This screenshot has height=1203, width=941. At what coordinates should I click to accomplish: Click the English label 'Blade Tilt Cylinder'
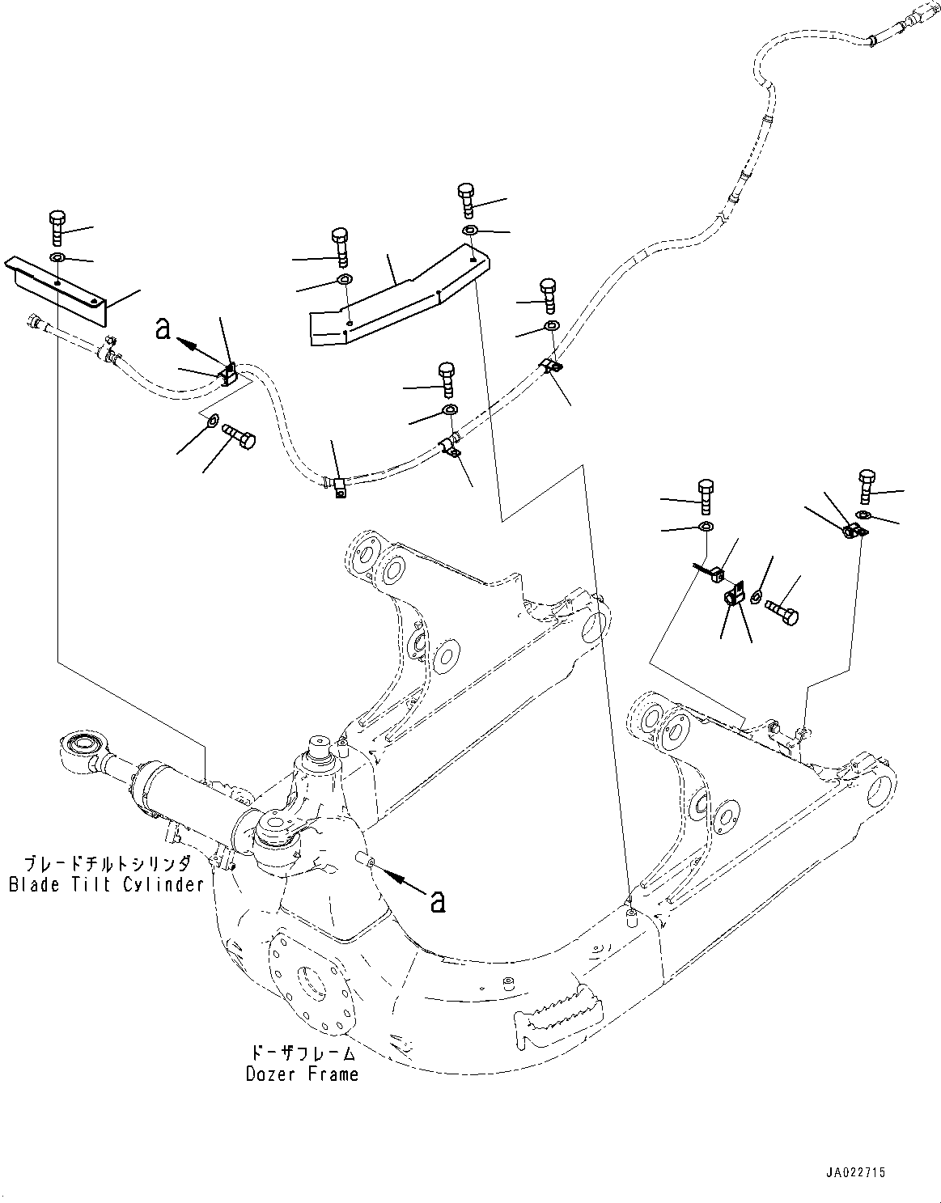pyautogui.click(x=106, y=884)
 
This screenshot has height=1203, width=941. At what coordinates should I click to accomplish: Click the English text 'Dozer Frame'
pyautogui.click(x=302, y=1074)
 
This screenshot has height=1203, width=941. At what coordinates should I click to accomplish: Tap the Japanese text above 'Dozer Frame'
pyautogui.click(x=302, y=1053)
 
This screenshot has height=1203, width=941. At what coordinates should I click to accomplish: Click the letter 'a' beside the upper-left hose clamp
pyautogui.click(x=163, y=328)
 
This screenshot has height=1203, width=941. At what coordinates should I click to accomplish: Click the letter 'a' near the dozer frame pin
pyautogui.click(x=438, y=900)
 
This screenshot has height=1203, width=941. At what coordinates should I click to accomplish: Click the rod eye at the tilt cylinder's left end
pyautogui.click(x=82, y=746)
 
